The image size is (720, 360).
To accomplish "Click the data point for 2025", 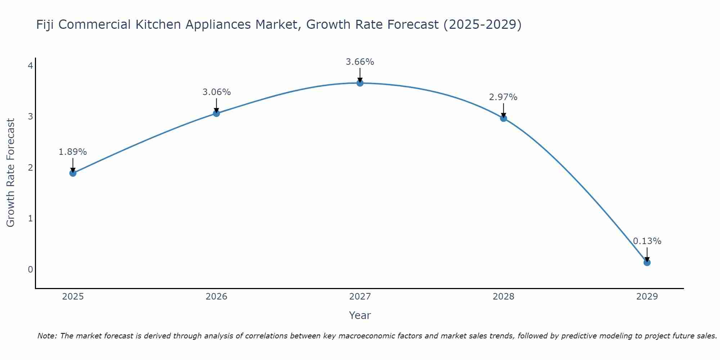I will pyautogui.click(x=73, y=173).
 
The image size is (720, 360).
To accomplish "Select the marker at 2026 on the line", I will pyautogui.click(x=216, y=113).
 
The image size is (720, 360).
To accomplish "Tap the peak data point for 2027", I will pyautogui.click(x=360, y=83).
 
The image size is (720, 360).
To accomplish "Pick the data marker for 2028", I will pyautogui.click(x=503, y=118).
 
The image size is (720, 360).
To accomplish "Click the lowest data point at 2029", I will pyautogui.click(x=647, y=262).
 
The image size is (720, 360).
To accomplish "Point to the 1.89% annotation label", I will pyautogui.click(x=73, y=152).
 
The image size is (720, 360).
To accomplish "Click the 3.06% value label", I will pyautogui.click(x=216, y=92).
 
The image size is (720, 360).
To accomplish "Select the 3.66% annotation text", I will pyautogui.click(x=360, y=62).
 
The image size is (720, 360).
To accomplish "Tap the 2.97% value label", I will pyautogui.click(x=503, y=97).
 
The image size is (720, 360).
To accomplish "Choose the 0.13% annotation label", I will pyautogui.click(x=647, y=241).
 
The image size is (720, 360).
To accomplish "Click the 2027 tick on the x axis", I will pyautogui.click(x=360, y=297).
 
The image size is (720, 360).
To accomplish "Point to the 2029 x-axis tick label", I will pyautogui.click(x=647, y=297).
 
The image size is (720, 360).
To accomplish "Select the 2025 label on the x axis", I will pyautogui.click(x=73, y=297).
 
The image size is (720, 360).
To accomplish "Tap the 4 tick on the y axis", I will pyautogui.click(x=30, y=66).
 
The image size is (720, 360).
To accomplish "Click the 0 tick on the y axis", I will pyautogui.click(x=30, y=269).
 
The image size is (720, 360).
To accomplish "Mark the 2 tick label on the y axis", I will pyautogui.click(x=30, y=167).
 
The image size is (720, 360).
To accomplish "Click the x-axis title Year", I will pyautogui.click(x=360, y=315).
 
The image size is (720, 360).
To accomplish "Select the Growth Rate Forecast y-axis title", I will pyautogui.click(x=11, y=173).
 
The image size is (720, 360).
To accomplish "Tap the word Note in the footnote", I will pyautogui.click(x=47, y=336).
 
